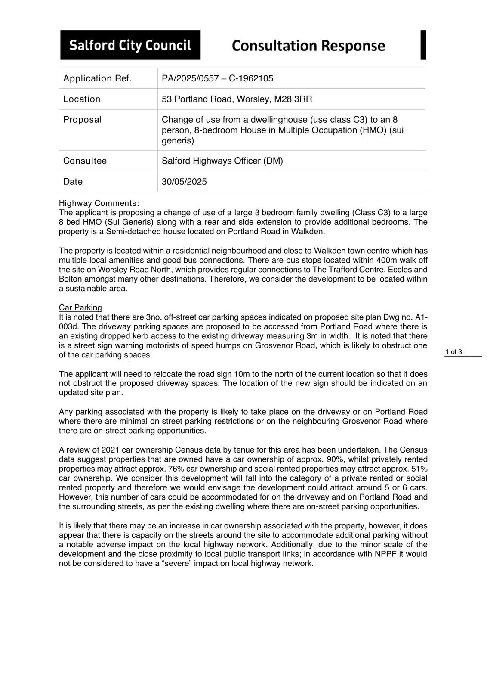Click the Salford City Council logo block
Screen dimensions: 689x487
point(130,45)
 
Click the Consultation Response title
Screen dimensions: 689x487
point(308,46)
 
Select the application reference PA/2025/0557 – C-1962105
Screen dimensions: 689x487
point(217,78)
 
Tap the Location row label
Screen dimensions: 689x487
point(82,99)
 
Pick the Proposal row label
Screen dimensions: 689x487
point(82,120)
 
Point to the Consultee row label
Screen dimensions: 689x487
point(85,161)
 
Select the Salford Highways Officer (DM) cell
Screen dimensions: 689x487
point(222,161)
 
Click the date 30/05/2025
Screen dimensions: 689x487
point(184,182)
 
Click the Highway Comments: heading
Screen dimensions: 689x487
point(99,203)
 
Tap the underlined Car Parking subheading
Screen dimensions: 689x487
point(80,307)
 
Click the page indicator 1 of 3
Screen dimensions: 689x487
point(454,352)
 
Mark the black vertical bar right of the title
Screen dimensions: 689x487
point(423,45)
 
